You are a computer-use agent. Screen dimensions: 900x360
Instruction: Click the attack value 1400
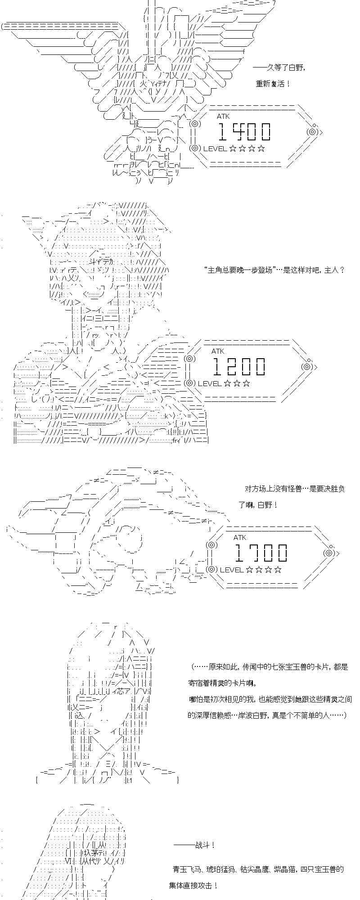tap(244, 131)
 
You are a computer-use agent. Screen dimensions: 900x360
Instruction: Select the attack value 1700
tap(261, 553)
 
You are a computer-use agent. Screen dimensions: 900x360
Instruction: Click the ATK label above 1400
tap(223, 117)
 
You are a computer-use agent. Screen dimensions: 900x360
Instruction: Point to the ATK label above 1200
tap(218, 351)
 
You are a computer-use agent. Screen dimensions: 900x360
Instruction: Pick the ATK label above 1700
tap(240, 537)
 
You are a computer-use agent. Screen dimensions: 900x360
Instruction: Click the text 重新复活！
tap(273, 84)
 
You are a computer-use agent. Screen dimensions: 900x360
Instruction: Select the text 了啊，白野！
tap(258, 505)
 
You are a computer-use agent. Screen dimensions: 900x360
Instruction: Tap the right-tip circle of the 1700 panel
tap(328, 553)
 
